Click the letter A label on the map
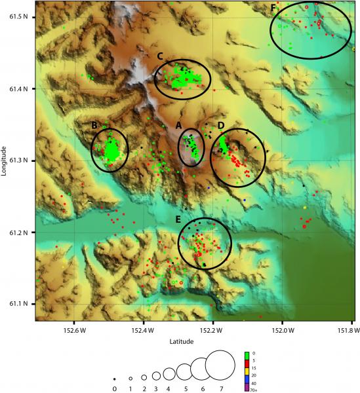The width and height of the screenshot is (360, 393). coord(178,125)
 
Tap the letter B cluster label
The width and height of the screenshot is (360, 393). coord(95,125)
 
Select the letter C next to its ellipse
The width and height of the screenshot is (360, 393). coord(160,56)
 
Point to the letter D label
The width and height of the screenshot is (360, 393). coord(221,125)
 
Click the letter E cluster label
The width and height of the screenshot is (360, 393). coord(178,219)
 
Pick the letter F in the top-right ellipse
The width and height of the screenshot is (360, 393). coord(273,8)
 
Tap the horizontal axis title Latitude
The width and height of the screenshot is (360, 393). coord(181,341)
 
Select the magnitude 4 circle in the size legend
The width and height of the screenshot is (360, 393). coord(169,373)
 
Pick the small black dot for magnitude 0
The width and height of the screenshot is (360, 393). coord(114,379)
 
